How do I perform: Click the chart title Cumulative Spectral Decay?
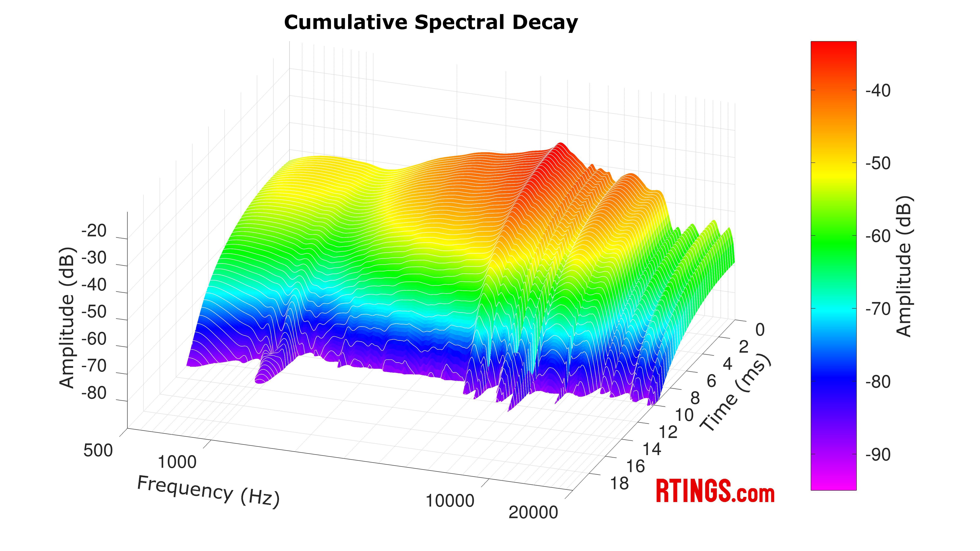[431, 22]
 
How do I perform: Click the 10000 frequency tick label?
[450, 501]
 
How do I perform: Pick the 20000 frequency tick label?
[533, 512]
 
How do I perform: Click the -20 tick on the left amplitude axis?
[94, 231]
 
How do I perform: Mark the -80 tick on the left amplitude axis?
[94, 393]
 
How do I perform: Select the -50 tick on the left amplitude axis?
[94, 312]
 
